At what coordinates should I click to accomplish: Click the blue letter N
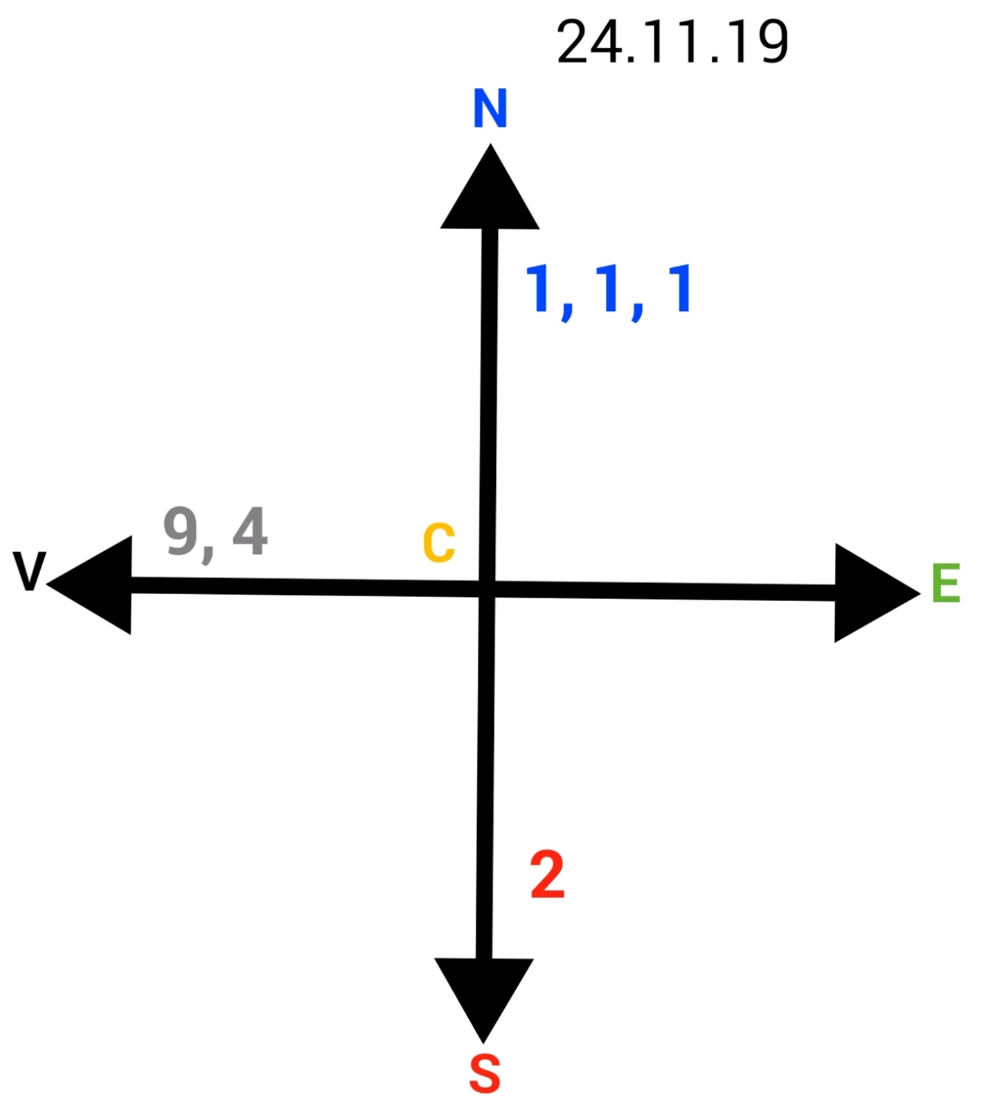pyautogui.click(x=490, y=109)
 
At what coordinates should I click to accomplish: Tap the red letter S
pyautogui.click(x=484, y=1074)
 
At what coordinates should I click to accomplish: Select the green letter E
pyautogui.click(x=945, y=584)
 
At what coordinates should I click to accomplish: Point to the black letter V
pyautogui.click(x=29, y=571)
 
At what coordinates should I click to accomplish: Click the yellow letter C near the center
pyautogui.click(x=439, y=543)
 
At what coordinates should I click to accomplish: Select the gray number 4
pyautogui.click(x=250, y=532)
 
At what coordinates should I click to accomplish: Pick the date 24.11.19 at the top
pyautogui.click(x=672, y=42)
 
